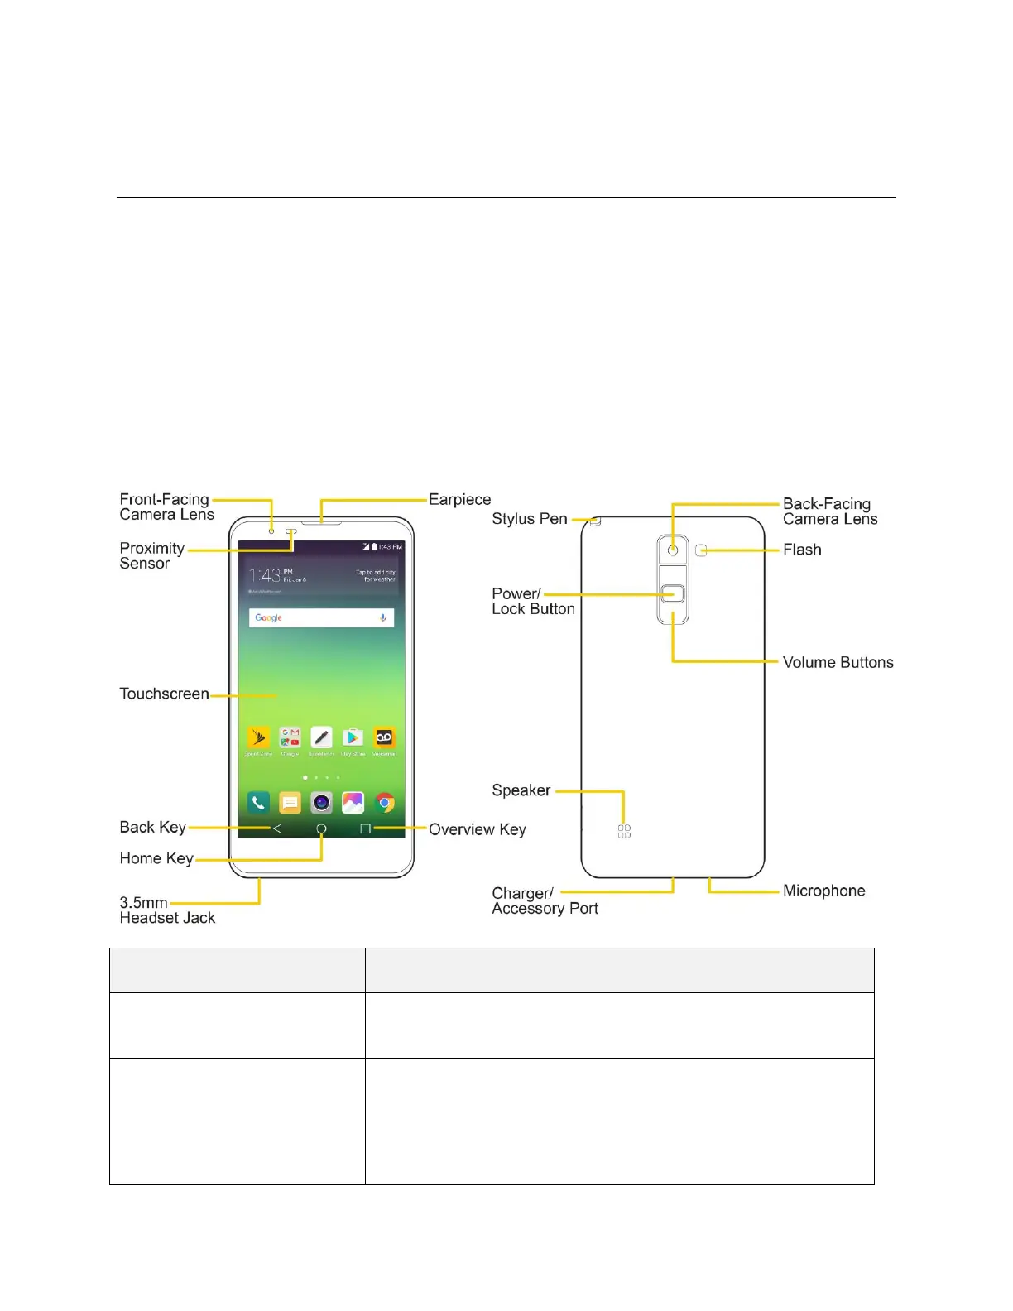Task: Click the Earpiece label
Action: (x=459, y=499)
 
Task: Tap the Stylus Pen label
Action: (x=529, y=519)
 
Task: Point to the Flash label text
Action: (x=802, y=550)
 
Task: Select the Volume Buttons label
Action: (x=838, y=662)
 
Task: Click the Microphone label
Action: (x=823, y=891)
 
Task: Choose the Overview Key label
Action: (x=477, y=829)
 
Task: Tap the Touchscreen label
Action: (x=164, y=694)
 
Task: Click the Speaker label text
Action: (x=521, y=790)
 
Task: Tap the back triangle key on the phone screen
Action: (x=277, y=828)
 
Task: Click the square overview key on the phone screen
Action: (x=365, y=828)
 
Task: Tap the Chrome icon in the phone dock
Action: (x=384, y=802)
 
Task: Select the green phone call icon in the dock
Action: (x=258, y=802)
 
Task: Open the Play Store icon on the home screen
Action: (x=353, y=737)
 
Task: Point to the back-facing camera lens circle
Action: (x=673, y=550)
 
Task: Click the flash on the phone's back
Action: (x=701, y=550)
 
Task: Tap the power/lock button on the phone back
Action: (x=673, y=593)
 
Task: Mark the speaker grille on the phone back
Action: (x=624, y=831)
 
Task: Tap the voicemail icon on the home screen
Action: (x=384, y=737)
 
